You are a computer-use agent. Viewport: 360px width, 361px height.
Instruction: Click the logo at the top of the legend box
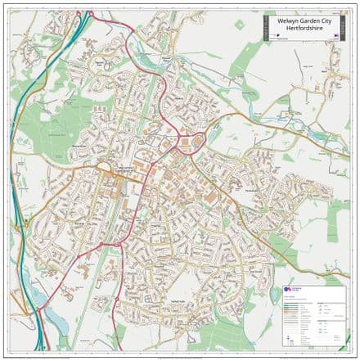click(x=292, y=290)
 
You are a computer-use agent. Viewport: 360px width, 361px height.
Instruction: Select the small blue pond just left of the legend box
click(x=274, y=293)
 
